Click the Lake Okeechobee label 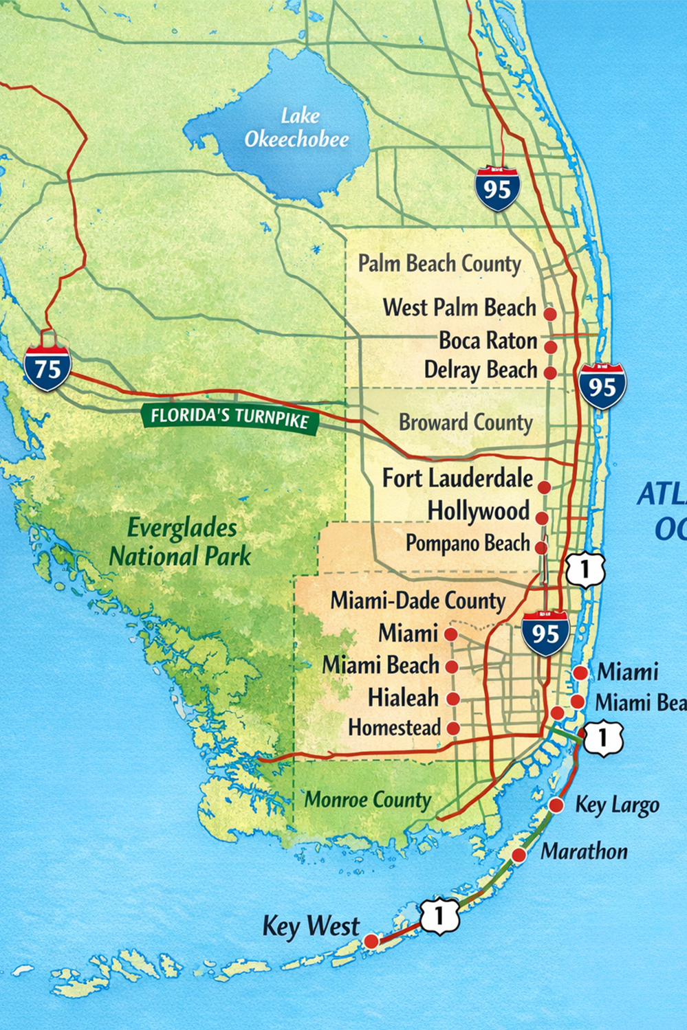pos(296,128)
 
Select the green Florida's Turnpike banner pos(230,418)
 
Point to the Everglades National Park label pos(181,542)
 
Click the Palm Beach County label pos(439,263)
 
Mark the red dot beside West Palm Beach pos(550,313)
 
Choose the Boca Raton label pos(488,340)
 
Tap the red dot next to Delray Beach pos(550,373)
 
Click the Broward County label pos(466,422)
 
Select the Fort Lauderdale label pos(457,478)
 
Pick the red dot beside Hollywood pos(542,518)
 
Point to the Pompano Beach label pos(468,543)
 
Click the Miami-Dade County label pos(417,601)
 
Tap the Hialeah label pos(403,697)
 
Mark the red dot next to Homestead pos(453,728)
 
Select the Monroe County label pos(367,800)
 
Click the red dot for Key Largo pos(556,805)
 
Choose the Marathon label pos(584,851)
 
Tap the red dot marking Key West pos(371,941)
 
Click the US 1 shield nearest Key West pos(439,915)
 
